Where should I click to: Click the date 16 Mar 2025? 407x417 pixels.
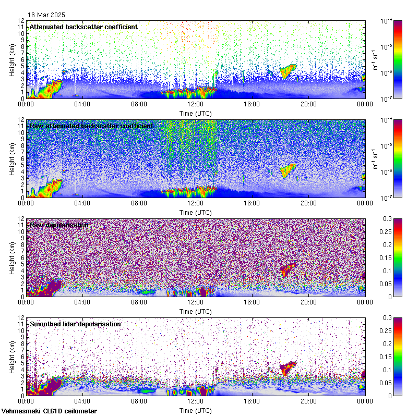46,15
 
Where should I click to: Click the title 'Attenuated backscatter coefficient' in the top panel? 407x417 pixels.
83,27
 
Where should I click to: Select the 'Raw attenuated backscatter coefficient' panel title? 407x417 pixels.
91,126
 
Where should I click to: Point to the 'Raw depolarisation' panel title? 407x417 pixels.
59,225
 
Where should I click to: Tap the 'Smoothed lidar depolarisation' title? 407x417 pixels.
75,324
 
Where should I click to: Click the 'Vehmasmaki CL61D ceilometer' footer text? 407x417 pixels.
49,411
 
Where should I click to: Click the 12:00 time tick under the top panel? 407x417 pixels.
195,104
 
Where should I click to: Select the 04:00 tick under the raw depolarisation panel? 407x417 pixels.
82,302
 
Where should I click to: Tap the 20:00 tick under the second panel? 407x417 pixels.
308,203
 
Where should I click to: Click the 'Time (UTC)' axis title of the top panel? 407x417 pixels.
195,113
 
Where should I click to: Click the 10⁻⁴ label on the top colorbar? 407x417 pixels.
386,21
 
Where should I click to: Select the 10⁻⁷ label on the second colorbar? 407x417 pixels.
386,198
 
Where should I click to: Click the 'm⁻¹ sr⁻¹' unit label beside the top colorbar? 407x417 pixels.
375,59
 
